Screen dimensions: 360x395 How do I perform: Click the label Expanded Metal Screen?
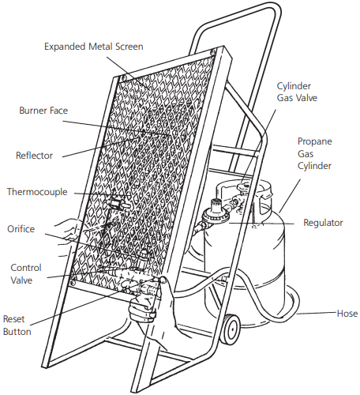click(94, 47)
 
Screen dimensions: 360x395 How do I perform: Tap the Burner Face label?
click(43, 111)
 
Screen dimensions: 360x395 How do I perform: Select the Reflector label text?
click(34, 156)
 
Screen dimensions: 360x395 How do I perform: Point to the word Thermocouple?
click(37, 192)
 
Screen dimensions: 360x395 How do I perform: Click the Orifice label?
click(21, 229)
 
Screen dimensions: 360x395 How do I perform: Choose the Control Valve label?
click(26, 274)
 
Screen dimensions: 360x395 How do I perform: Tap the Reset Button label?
click(17, 325)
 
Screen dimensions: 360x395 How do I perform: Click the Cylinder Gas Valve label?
click(297, 92)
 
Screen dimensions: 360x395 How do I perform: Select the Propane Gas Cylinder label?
click(314, 153)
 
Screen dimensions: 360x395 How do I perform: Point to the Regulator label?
click(323, 223)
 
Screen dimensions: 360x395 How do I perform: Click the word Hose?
click(347, 314)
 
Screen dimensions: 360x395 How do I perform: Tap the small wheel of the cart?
click(231, 329)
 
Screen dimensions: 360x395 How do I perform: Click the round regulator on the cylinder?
click(216, 215)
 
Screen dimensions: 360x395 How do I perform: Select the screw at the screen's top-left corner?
click(123, 78)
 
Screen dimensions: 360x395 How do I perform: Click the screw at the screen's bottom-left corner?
click(73, 283)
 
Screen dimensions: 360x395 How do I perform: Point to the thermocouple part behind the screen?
click(118, 205)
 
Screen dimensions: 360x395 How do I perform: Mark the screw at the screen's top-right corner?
click(213, 51)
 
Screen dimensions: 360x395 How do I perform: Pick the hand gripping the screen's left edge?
click(69, 230)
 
